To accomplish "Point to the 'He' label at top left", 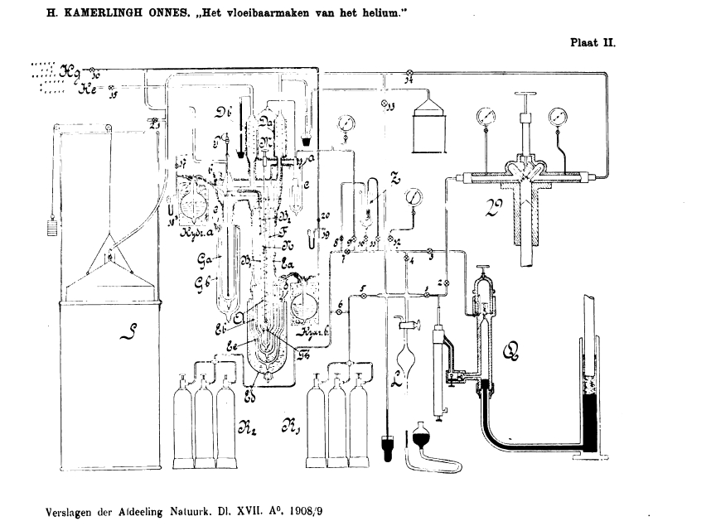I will (88, 89).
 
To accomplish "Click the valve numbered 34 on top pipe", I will (409, 78).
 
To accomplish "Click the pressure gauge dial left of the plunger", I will (482, 115).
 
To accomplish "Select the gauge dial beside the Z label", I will (414, 198).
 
